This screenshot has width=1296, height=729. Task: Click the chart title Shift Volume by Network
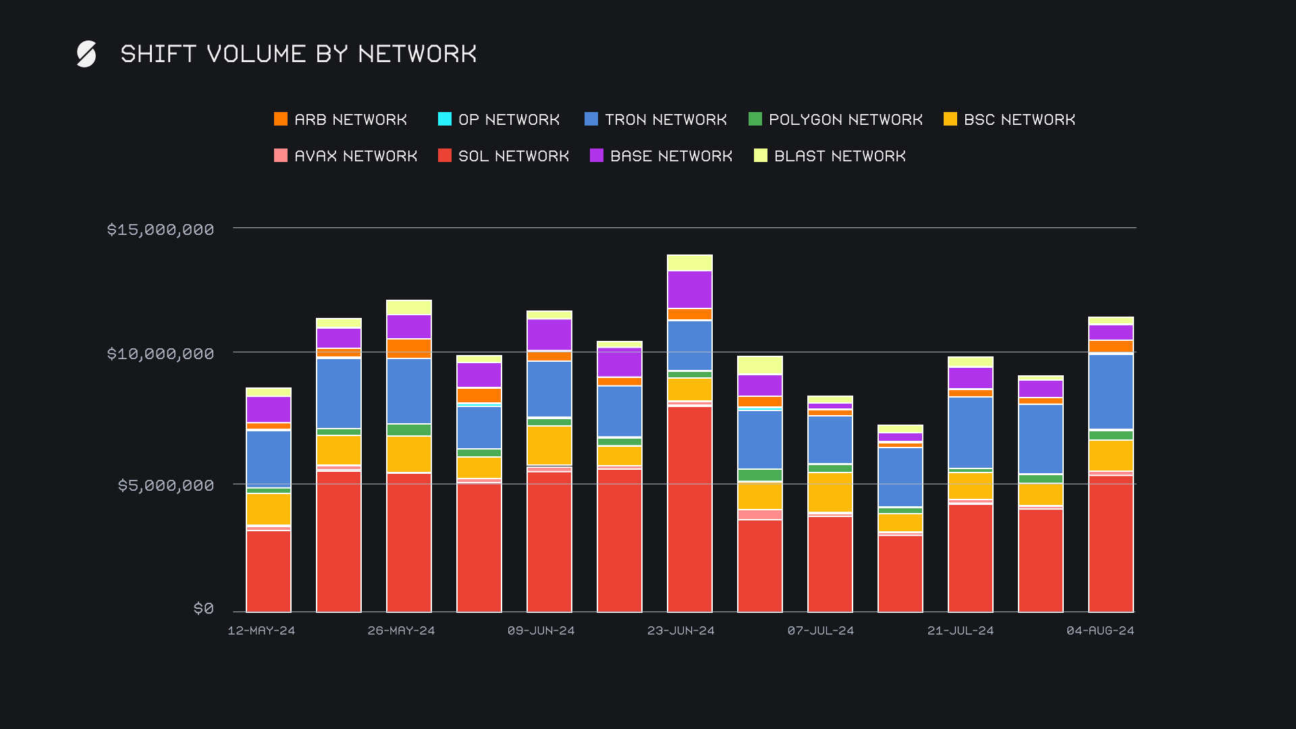point(298,54)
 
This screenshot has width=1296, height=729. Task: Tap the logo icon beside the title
point(86,54)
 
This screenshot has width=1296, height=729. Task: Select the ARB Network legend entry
point(341,119)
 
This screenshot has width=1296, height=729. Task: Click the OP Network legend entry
point(500,119)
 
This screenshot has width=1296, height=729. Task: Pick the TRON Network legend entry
point(656,119)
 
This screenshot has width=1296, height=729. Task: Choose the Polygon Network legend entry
point(836,119)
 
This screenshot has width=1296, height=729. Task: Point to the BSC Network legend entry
point(1010,119)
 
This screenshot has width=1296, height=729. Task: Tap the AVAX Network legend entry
point(346,156)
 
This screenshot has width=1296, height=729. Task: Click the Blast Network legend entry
point(830,156)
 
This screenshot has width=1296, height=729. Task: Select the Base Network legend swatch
point(597,156)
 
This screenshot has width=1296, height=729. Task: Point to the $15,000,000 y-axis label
point(161,230)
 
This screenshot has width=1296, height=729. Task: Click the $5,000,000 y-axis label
point(166,485)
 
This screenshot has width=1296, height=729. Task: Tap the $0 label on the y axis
point(204,608)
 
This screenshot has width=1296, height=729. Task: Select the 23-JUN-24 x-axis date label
point(680,630)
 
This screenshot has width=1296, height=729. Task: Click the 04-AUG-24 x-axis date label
point(1100,630)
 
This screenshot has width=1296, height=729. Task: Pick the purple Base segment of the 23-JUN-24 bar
point(690,290)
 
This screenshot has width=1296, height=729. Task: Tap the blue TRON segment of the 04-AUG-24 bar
point(1111,391)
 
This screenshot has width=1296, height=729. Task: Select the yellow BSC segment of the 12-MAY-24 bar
point(269,509)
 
